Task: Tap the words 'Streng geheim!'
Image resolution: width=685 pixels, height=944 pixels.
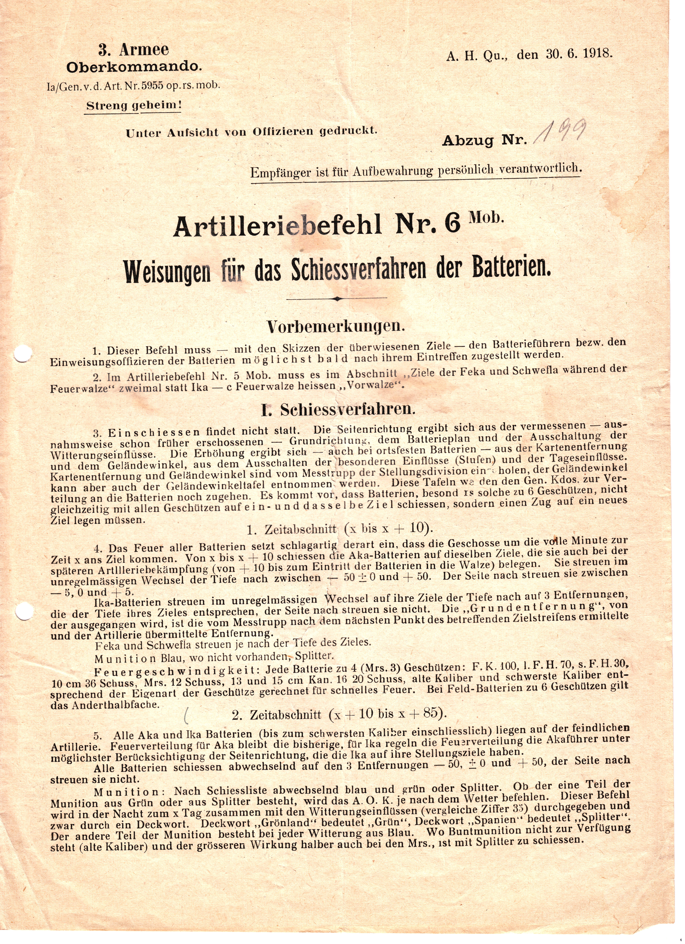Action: (134, 105)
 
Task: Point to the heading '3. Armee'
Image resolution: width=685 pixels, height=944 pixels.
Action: (134, 50)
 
